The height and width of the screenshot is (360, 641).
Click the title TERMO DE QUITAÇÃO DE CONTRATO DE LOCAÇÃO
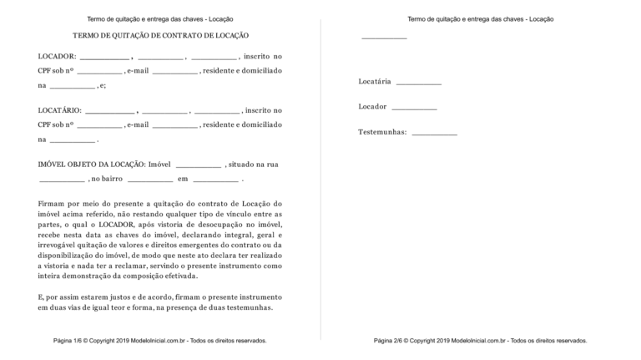(160, 36)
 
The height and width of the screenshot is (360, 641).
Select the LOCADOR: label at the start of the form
(57, 56)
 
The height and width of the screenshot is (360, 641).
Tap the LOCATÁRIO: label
(60, 110)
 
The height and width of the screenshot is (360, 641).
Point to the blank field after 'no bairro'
(150, 180)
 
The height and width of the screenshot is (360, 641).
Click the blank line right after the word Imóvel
(199, 165)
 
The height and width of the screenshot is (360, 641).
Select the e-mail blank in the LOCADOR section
(175, 72)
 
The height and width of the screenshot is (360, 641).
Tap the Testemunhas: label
(382, 132)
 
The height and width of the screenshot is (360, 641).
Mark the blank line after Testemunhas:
(434, 134)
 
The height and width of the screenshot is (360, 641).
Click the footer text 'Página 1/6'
(72, 341)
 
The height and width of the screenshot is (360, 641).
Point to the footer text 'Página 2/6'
(392, 341)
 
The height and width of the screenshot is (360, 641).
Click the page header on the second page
(480, 18)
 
